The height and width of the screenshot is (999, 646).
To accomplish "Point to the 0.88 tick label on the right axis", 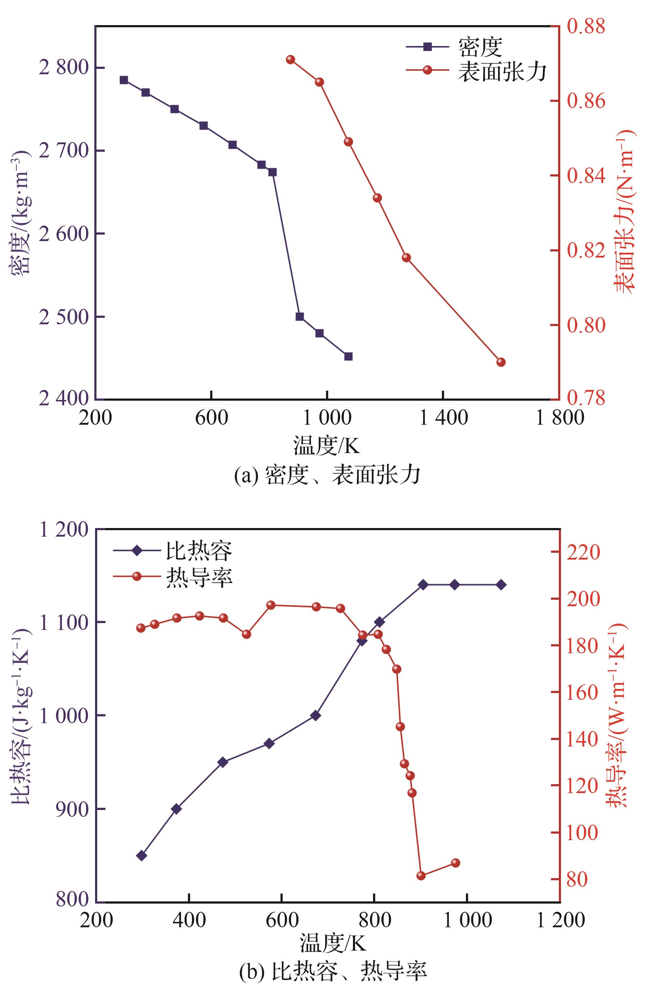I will [586, 26].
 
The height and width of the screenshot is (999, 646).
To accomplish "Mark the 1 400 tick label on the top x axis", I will [443, 418].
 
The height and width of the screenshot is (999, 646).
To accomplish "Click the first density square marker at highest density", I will [124, 80].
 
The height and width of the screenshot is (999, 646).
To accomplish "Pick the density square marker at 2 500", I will [300, 317].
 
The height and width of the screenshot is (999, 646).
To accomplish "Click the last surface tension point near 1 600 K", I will [501, 362].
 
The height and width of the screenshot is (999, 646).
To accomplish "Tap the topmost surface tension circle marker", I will [290, 60].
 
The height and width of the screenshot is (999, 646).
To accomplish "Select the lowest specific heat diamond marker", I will [142, 856].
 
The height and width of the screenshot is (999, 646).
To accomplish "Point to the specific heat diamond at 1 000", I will [316, 716].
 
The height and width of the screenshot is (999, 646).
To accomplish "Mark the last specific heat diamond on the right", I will [501, 585].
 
